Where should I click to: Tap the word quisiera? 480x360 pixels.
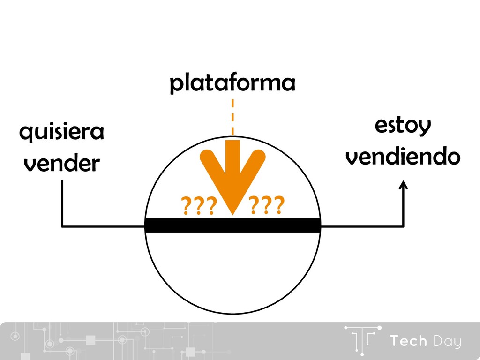[x=61, y=134]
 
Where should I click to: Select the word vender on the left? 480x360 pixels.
[x=61, y=164]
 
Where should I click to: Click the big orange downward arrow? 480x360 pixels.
[x=232, y=173]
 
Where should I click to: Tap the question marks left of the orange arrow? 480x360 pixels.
[x=198, y=205]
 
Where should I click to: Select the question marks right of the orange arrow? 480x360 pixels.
[x=266, y=205]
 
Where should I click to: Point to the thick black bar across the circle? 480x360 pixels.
[x=232, y=225]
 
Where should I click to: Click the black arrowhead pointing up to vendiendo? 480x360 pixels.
[x=403, y=186]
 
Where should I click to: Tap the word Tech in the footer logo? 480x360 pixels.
[x=409, y=341]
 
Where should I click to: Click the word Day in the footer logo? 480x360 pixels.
[x=447, y=342]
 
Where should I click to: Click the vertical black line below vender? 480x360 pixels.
[x=62, y=202]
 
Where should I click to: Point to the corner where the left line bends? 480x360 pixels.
[x=62, y=226]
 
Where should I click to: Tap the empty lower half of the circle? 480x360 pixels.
[x=232, y=272]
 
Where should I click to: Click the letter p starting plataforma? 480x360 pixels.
[x=175, y=86]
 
